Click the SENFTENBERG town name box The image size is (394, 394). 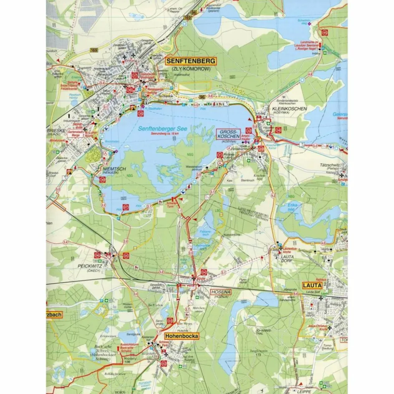point(191,61)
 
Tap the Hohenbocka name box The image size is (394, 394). point(182,336)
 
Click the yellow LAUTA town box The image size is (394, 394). point(312,285)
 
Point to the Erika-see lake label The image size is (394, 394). point(295,207)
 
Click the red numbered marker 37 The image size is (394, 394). point(134,76)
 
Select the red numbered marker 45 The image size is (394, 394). point(325,33)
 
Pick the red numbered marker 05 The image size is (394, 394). point(126,255)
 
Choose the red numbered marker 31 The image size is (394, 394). point(220,155)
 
